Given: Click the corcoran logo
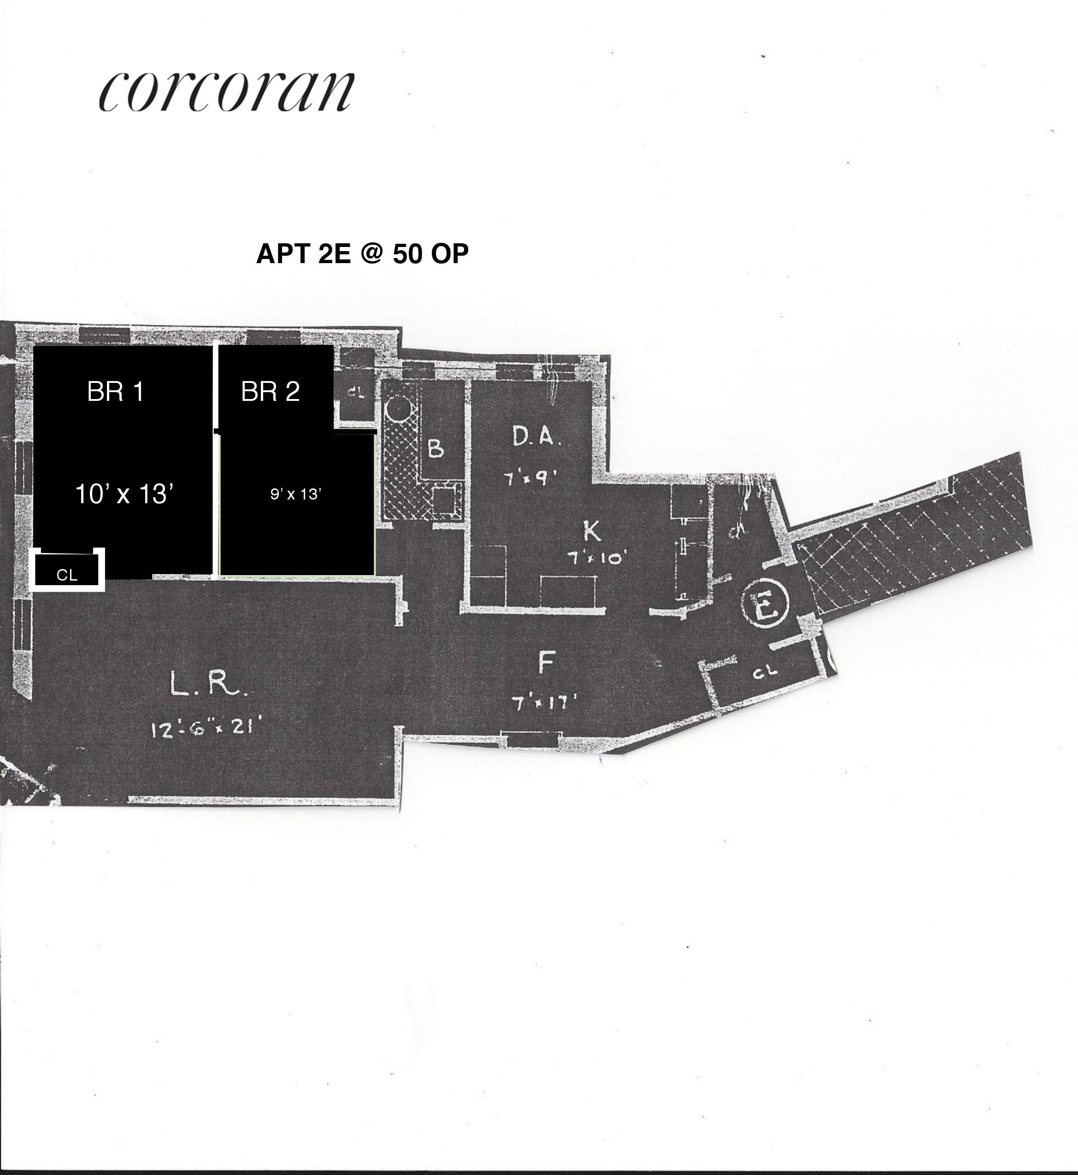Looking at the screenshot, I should (226, 92).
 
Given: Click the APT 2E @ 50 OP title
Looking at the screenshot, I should (362, 253).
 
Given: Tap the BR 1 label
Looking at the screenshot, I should (116, 391).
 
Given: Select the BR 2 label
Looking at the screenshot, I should (270, 392).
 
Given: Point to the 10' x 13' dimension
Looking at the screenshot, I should (125, 494).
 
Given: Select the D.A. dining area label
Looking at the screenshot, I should (536, 437).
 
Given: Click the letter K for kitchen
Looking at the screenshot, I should (591, 531).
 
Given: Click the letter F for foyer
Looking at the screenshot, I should (545, 663).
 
